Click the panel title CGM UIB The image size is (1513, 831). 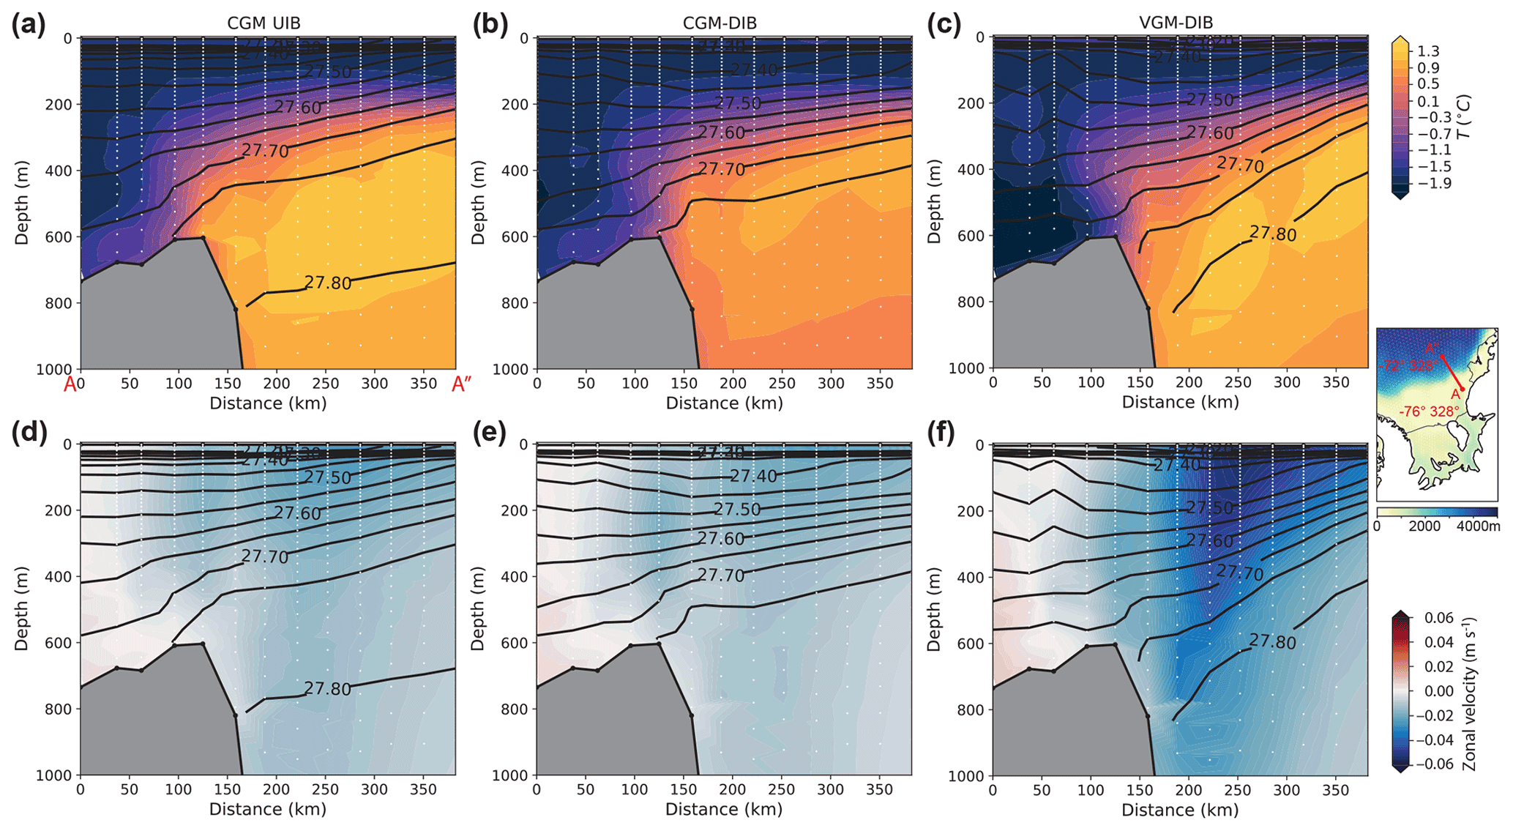click(264, 23)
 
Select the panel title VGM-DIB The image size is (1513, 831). click(1176, 23)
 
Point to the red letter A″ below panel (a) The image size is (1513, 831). click(461, 384)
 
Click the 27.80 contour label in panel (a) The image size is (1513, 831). click(328, 283)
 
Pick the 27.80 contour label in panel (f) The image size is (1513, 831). click(1272, 642)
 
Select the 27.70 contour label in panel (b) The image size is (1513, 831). click(721, 169)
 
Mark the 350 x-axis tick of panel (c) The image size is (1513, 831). click(1336, 383)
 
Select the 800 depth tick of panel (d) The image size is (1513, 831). click(61, 709)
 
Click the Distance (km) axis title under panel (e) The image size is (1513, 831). click(724, 809)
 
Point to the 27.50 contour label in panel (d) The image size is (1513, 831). click(328, 477)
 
